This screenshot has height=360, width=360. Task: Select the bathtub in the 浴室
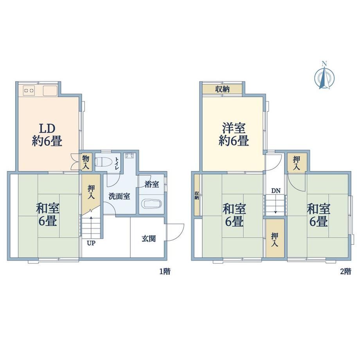(151, 204)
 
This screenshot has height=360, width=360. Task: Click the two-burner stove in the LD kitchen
(29, 90)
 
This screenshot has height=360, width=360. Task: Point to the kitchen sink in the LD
(50, 90)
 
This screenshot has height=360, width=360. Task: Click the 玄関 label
(149, 239)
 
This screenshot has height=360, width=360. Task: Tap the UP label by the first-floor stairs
(91, 243)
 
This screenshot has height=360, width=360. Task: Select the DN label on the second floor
(276, 191)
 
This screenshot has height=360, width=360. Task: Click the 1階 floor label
(165, 272)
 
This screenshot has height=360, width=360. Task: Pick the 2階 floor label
(346, 272)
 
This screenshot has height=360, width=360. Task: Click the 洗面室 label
(119, 196)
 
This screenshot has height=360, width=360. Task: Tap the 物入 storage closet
(86, 162)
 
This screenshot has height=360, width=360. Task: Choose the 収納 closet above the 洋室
(222, 89)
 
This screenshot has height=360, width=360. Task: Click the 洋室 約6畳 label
(234, 135)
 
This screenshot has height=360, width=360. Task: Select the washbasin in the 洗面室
(129, 155)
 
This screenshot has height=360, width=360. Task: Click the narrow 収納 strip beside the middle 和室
(197, 195)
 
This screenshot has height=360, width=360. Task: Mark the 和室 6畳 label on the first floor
(47, 215)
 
